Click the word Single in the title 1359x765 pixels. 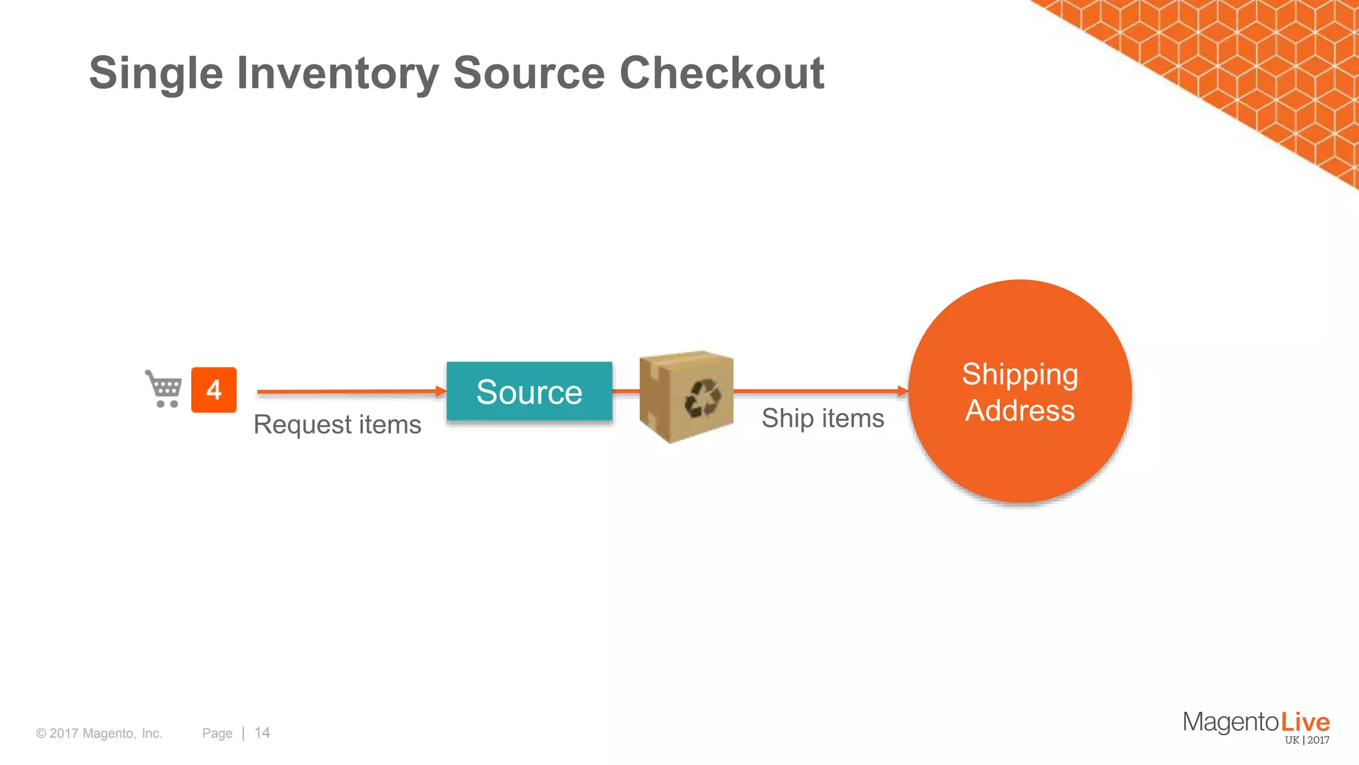tap(156, 73)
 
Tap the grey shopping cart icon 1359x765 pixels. tap(163, 388)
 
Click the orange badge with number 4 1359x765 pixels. tap(214, 390)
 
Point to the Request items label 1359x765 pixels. tap(337, 424)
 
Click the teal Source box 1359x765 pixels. tap(529, 391)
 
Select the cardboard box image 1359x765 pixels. tap(686, 396)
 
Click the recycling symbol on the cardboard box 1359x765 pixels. tap(703, 398)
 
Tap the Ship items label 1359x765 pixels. tap(823, 418)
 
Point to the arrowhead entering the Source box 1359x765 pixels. tap(441, 391)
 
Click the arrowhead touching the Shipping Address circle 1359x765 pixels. tap(902, 391)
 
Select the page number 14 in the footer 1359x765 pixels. tap(262, 732)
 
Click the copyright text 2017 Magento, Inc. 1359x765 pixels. tap(100, 733)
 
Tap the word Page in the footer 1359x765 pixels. tap(217, 733)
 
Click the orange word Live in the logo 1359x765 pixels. tap(1305, 722)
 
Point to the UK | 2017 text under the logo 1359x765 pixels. tap(1307, 740)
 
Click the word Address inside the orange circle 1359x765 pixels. tap(1020, 410)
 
